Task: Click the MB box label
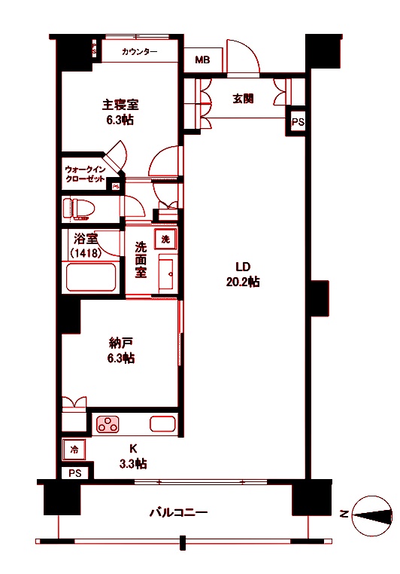203,60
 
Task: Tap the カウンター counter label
139,52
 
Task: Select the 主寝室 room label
120,111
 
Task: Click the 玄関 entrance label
243,99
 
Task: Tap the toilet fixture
80,207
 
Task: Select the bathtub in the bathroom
91,277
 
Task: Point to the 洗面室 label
141,259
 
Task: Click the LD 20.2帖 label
242,274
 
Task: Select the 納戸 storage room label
120,350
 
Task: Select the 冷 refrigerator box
74,450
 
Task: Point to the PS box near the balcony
75,473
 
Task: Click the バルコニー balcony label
177,513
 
